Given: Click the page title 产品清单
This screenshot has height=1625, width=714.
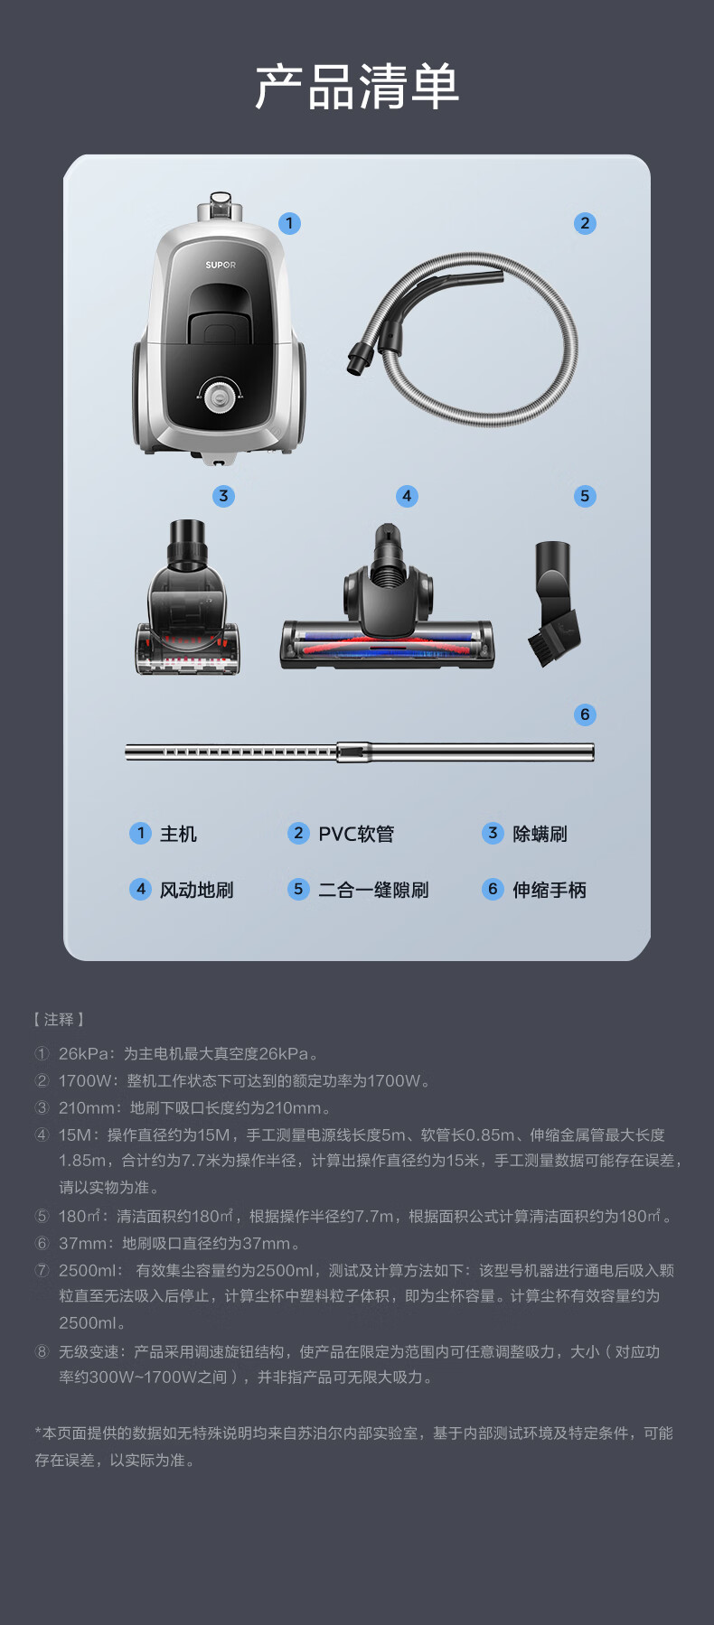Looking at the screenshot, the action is click(357, 87).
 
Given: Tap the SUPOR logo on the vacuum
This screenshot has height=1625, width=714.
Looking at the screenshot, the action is click(220, 265).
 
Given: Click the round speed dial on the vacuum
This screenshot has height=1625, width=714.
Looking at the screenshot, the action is click(219, 395).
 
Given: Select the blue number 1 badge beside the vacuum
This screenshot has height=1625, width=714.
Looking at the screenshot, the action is click(289, 223).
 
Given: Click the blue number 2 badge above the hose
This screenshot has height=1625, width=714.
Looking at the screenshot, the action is click(585, 223).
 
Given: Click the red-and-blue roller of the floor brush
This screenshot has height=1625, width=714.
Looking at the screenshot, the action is click(387, 647).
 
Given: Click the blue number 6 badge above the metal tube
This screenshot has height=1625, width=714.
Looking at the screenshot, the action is click(585, 714).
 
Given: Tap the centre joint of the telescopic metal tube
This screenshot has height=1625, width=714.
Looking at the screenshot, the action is click(353, 752).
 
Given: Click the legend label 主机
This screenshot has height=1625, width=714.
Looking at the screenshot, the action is click(178, 834).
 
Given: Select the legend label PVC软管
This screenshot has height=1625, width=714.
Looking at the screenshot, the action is click(356, 834).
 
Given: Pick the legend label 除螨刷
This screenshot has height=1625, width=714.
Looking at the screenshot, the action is click(540, 834).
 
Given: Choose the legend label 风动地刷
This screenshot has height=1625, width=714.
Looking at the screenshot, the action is click(196, 890).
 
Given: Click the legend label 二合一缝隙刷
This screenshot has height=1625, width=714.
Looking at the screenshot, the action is click(373, 890).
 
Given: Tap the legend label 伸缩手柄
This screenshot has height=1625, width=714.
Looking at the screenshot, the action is click(550, 890).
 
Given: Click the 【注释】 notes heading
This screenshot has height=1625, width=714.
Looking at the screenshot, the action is click(59, 1019).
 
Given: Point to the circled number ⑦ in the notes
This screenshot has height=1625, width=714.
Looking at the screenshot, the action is click(42, 1270).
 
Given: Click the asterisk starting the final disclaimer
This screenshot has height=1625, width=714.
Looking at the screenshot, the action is click(39, 1432).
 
